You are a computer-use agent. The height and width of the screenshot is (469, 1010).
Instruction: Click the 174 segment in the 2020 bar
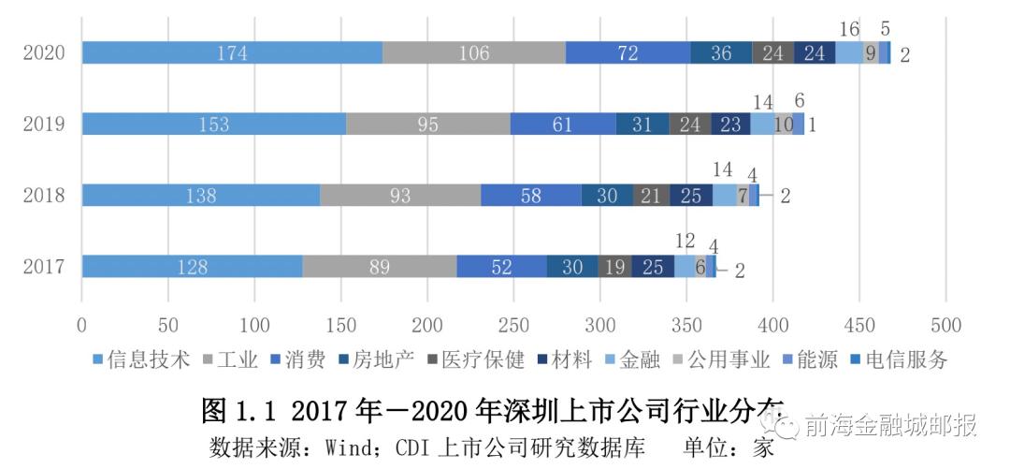232,52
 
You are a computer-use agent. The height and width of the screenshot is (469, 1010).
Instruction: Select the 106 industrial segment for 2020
474,52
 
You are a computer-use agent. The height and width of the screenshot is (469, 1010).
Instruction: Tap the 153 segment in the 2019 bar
214,124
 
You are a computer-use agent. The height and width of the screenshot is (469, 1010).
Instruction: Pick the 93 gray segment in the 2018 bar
400,195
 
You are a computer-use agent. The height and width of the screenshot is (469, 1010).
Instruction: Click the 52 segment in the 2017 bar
501,267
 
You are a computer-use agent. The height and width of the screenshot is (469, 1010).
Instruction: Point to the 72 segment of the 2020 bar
628,52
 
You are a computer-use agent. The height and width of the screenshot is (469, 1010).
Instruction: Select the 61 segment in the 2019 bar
562,124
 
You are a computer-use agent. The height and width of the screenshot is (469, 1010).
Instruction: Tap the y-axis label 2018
44,196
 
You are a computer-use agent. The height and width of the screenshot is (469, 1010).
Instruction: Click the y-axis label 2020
44,53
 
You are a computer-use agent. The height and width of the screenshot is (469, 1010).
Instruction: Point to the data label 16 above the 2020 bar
848,29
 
